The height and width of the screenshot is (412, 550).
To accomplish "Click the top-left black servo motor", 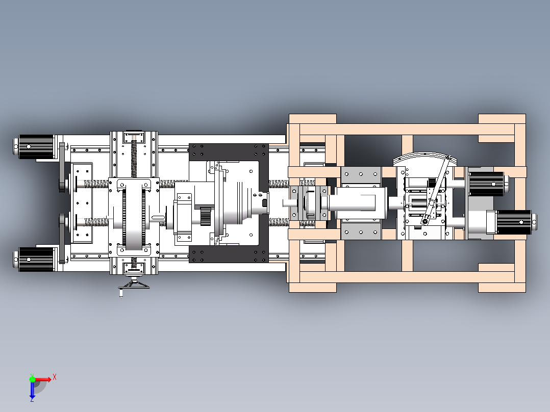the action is tap(34, 146).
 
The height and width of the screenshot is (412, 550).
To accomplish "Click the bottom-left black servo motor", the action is tap(34, 260).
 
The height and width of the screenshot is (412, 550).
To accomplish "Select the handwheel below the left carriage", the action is tap(134, 284).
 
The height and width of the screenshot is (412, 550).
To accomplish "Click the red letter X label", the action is tap(55, 377).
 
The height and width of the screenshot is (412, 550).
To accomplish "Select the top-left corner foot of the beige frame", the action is tap(313, 118).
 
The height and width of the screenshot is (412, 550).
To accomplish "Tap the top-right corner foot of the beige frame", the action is tap(502, 118).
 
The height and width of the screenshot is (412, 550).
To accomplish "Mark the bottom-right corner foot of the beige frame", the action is tap(502, 288).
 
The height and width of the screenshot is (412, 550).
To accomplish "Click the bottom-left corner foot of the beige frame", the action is tap(313, 288).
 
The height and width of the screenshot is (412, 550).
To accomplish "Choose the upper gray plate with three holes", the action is tap(361, 174).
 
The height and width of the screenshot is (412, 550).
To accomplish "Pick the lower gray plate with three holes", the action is tap(361, 232).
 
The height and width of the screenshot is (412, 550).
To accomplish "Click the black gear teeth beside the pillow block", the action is tap(206, 216).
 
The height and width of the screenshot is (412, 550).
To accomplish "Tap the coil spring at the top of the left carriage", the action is tap(134, 158).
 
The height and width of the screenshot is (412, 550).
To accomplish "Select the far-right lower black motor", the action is tap(513, 222).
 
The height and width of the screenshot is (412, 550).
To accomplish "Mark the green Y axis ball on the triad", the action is tap(32, 379).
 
